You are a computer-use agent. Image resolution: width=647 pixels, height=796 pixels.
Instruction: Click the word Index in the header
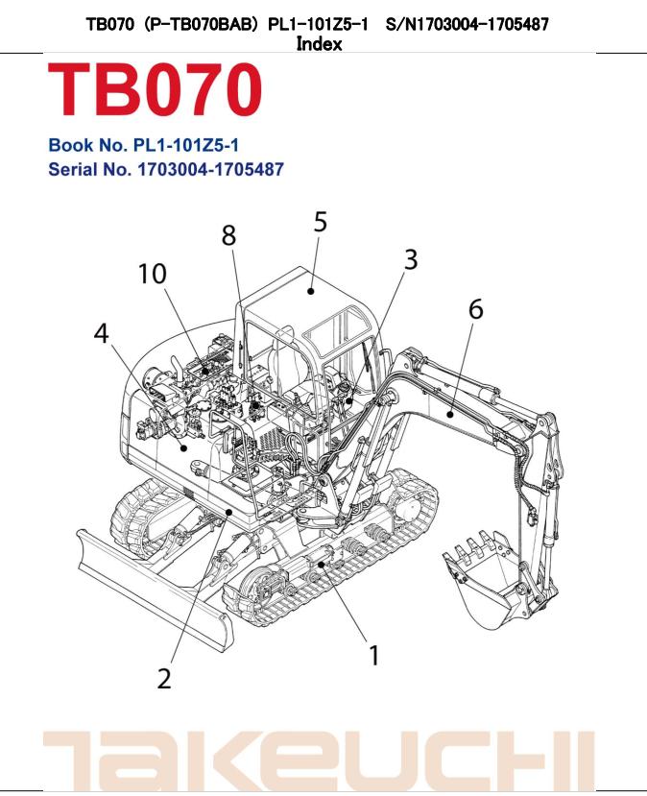coord(319,44)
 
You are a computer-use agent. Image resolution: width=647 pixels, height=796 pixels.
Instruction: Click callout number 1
coord(373,656)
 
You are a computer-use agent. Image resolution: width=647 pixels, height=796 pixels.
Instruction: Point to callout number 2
coord(164,678)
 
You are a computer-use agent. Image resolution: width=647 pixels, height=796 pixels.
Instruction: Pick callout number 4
coord(101,334)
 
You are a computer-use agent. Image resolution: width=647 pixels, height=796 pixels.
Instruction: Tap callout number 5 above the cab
coord(320,222)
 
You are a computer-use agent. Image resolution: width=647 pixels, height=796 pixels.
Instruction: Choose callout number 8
coord(229,235)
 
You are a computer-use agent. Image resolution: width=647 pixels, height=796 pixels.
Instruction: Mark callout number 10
coord(151,274)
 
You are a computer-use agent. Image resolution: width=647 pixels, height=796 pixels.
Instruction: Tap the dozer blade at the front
coord(154,600)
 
